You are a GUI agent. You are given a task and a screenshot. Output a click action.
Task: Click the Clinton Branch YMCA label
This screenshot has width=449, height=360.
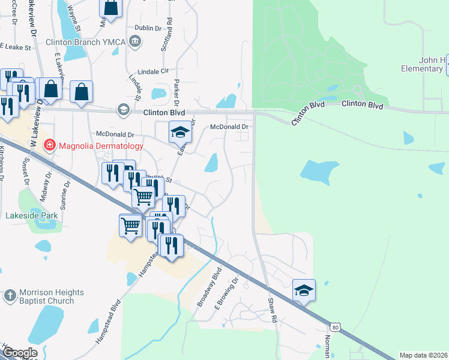pyautogui.click(x=86, y=42)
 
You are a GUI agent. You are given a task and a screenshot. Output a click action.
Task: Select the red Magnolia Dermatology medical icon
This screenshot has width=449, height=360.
pyautogui.click(x=49, y=145)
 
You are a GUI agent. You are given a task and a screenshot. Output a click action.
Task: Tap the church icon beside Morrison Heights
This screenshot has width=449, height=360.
pyautogui.click(x=8, y=296)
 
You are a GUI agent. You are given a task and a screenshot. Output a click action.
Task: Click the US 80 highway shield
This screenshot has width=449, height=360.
pyautogui.click(x=334, y=326)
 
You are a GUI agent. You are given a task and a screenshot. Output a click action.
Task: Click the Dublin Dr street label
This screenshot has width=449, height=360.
pyautogui.click(x=148, y=28)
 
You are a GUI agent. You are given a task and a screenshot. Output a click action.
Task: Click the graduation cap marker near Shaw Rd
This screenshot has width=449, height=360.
pyautogui.click(x=304, y=290)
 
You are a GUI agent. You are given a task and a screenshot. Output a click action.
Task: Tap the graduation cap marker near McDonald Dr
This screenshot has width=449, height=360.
pyautogui.click(x=179, y=131)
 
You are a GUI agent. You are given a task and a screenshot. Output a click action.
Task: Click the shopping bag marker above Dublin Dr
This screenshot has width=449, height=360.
pyautogui.click(x=111, y=8)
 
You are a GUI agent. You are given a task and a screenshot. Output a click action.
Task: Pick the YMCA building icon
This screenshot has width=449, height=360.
pyautogui.click(x=136, y=41)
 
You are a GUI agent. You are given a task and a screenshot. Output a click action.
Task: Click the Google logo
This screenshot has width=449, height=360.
pyautogui.click(x=20, y=353)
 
